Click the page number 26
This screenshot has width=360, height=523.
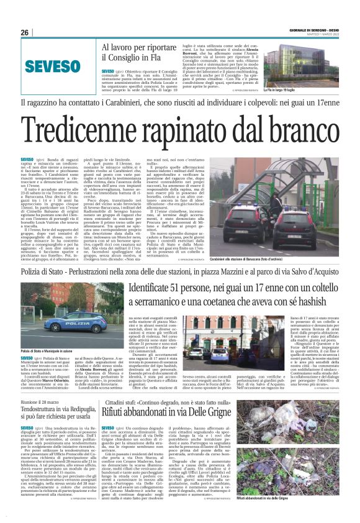[x=25, y=32]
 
